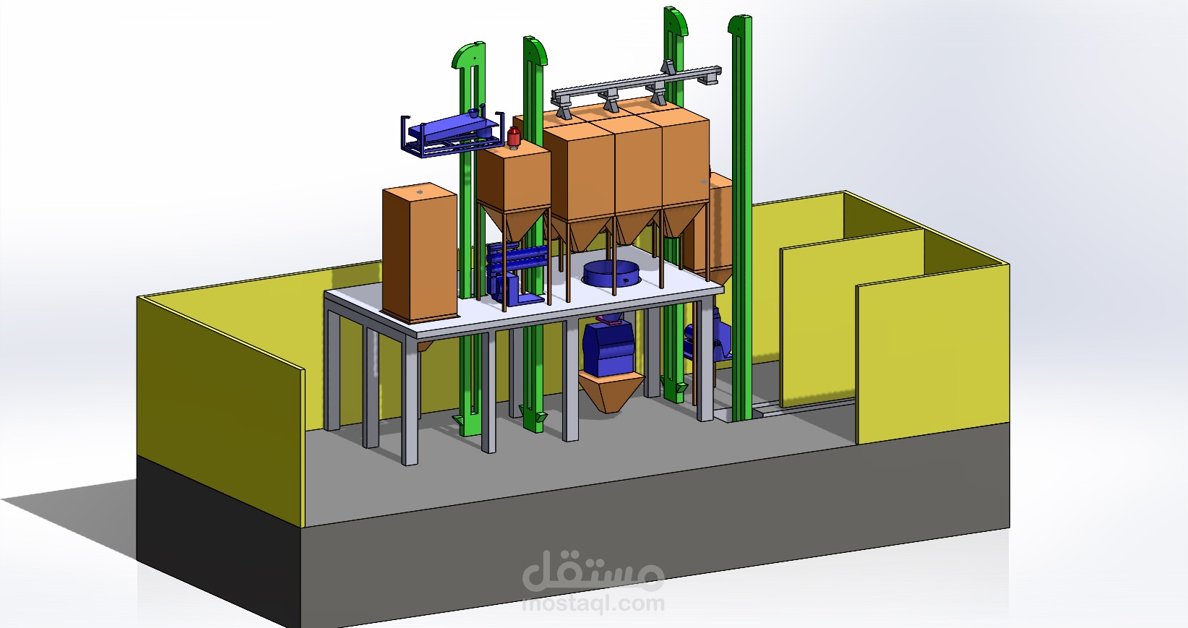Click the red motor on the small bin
(513, 137)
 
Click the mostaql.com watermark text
(593, 603)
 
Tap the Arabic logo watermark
(593, 571)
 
